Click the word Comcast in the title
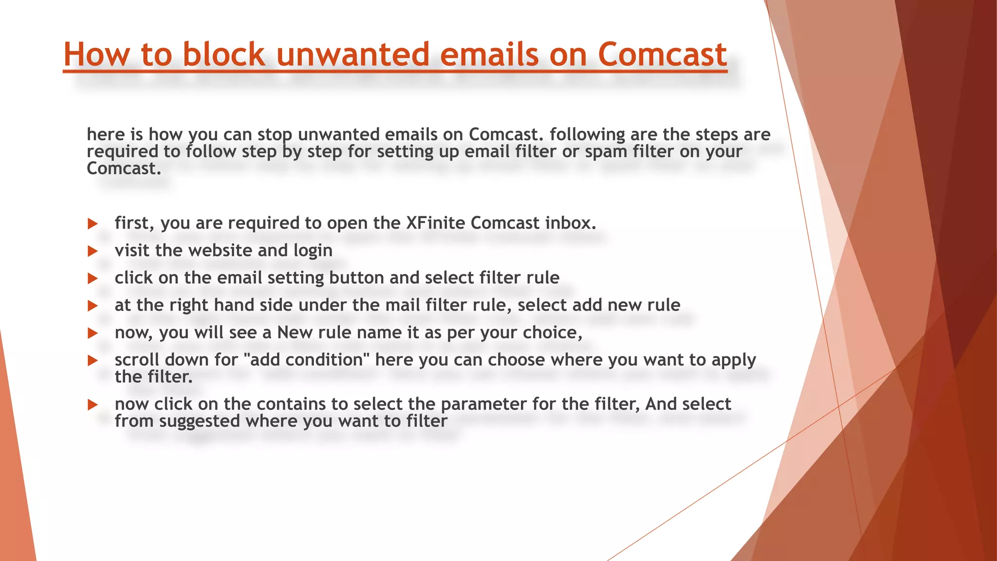click(662, 54)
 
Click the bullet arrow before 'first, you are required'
click(92, 224)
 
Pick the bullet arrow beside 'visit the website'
click(92, 251)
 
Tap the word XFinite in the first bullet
click(436, 223)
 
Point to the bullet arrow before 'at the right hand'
click(92, 306)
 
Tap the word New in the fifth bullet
click(295, 333)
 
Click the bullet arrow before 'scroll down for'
click(92, 361)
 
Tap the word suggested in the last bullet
click(200, 421)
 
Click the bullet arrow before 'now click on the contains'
click(92, 405)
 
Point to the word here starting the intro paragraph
click(105, 134)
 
